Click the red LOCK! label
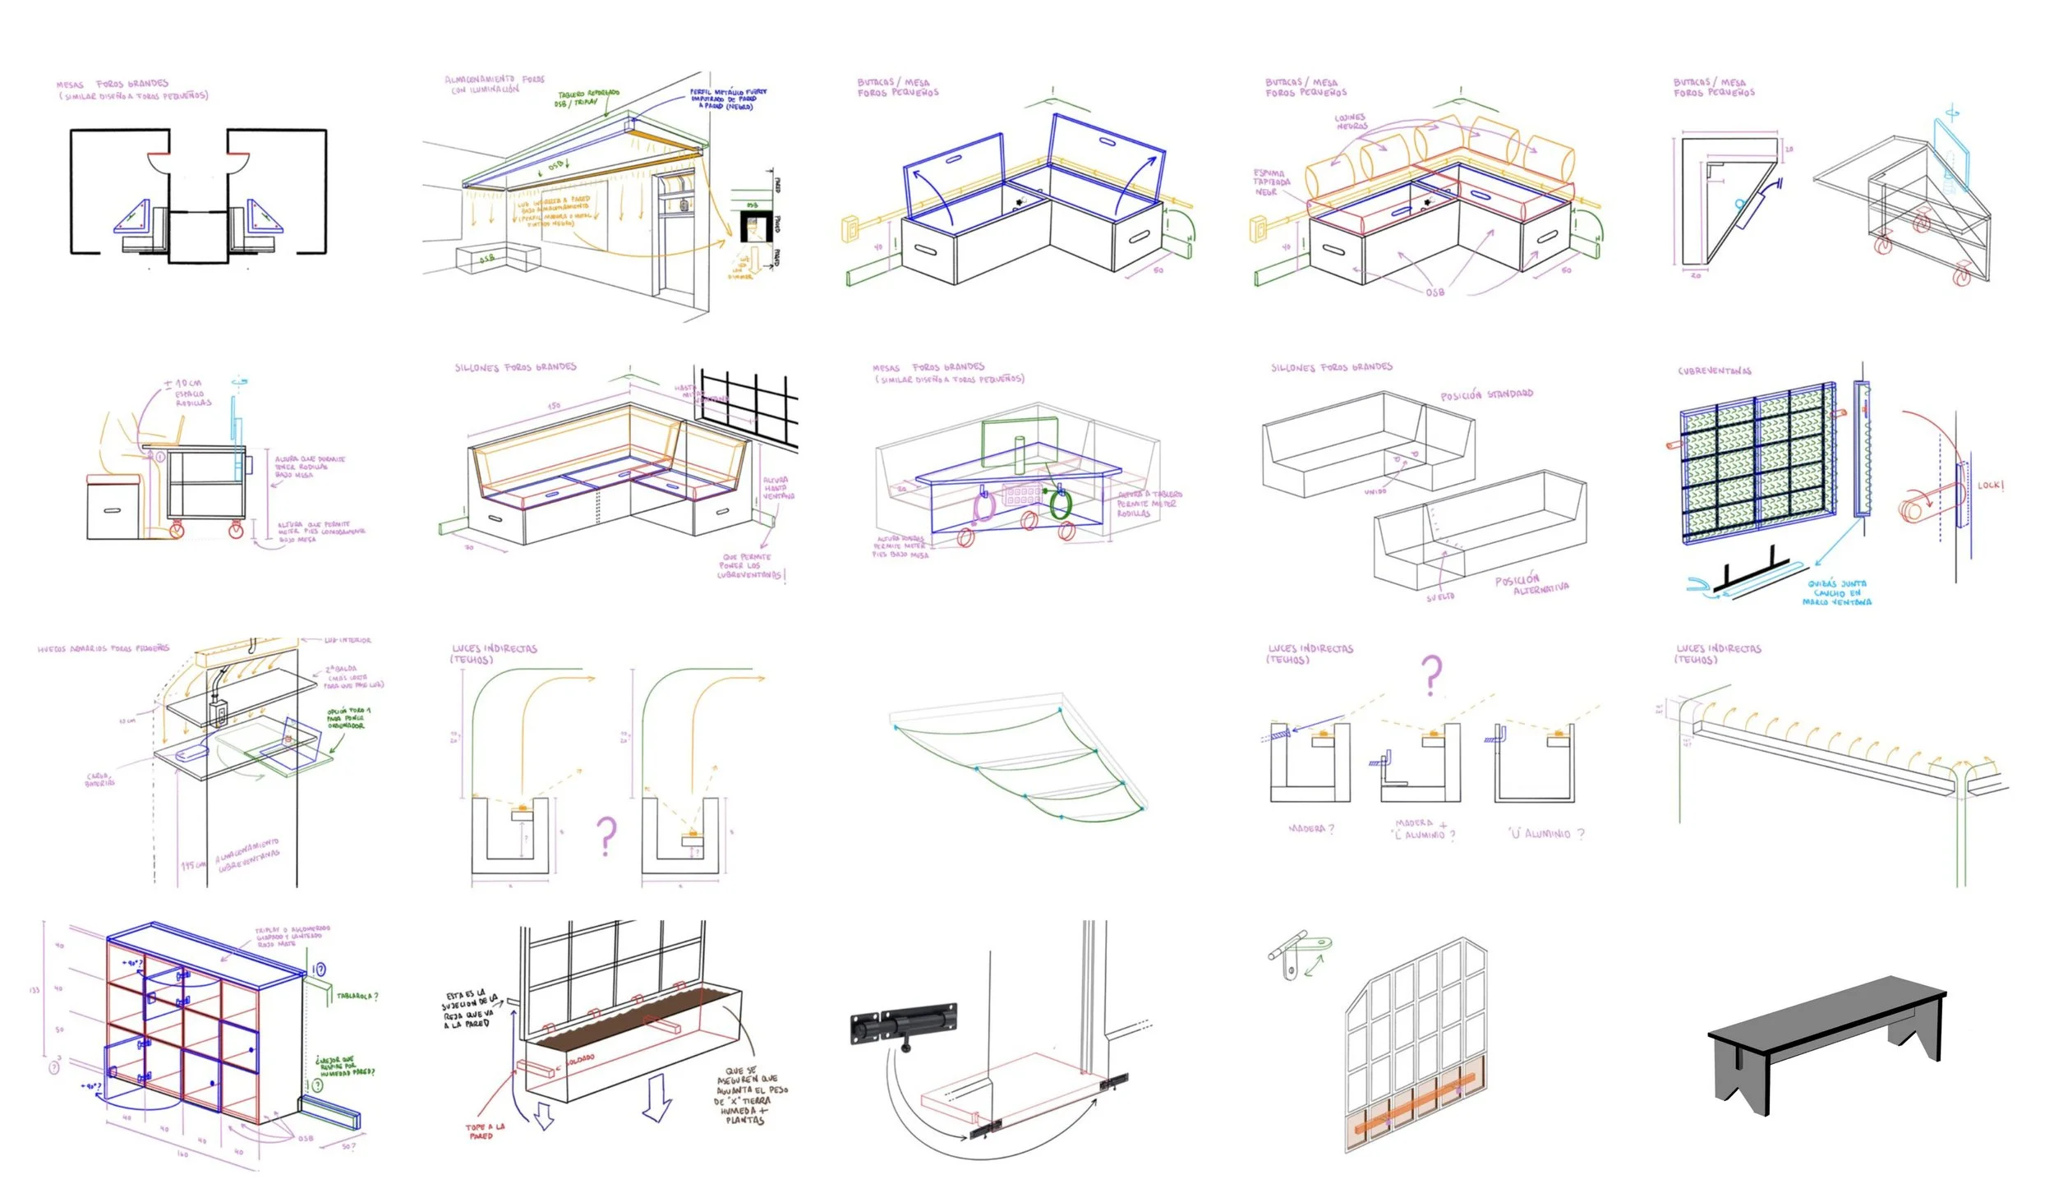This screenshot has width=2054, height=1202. point(1991,486)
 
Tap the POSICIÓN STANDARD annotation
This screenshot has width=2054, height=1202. point(1486,394)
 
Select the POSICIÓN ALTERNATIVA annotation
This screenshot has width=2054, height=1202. point(1531,584)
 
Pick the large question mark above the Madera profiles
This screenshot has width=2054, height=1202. point(1431,675)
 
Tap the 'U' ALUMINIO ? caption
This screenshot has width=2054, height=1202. point(1545,834)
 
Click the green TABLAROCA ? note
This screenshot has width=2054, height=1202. point(357,996)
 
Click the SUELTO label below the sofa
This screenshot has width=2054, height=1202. point(1440,596)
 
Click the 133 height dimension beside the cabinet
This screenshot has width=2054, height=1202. point(34,989)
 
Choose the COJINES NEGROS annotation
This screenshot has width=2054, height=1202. point(1351,122)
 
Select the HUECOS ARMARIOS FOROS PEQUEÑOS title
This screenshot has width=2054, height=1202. point(103,649)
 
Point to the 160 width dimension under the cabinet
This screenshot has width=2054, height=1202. point(182,1154)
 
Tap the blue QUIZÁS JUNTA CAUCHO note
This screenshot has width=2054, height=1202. point(1837,592)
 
